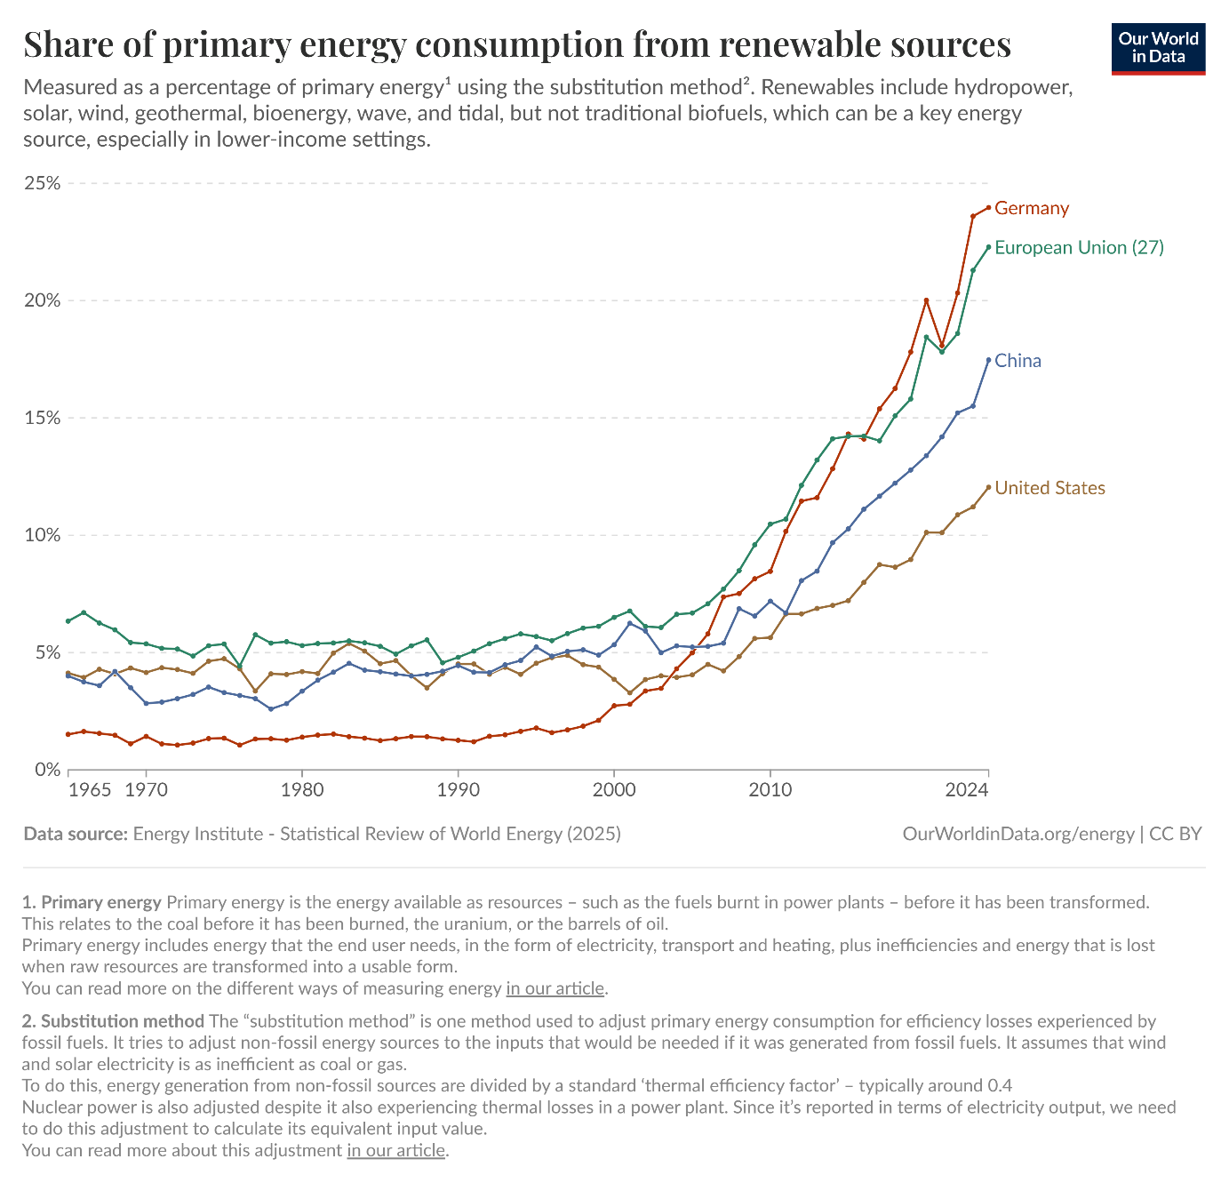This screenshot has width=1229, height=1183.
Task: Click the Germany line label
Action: click(x=1031, y=208)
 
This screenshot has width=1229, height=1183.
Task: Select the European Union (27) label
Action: click(x=1079, y=247)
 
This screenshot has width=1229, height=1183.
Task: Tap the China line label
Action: click(x=1018, y=361)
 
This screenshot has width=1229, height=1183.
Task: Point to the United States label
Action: click(x=1049, y=488)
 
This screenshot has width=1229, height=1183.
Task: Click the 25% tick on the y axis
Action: click(x=42, y=183)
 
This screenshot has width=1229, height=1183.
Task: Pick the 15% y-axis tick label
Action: click(x=42, y=418)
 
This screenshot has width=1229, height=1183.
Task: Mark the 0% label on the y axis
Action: click(x=47, y=770)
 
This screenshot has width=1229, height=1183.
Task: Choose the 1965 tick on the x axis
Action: click(x=90, y=789)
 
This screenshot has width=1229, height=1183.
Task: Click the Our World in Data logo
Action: click(x=1158, y=47)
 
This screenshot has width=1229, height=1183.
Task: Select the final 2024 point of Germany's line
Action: click(x=988, y=208)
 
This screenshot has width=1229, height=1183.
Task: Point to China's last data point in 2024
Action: click(x=988, y=360)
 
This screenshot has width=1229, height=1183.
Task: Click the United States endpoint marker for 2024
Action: click(x=988, y=487)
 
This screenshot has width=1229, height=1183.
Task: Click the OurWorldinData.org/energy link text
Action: click(x=1018, y=834)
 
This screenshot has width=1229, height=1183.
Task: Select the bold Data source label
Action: click(x=76, y=834)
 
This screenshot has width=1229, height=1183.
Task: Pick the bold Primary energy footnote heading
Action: click(x=101, y=902)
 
